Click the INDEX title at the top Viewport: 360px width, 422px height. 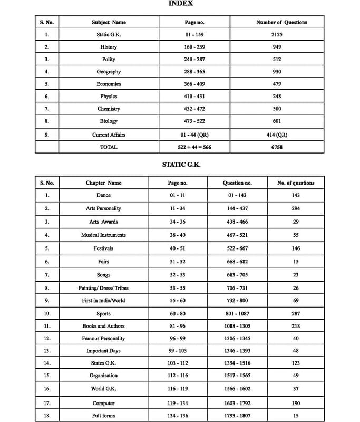(x=180, y=3)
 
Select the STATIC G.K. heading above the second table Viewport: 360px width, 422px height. (x=181, y=165)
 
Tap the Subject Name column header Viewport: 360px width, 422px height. (x=109, y=22)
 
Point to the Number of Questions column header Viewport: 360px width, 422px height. (x=281, y=22)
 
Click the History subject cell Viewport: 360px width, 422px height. (x=109, y=47)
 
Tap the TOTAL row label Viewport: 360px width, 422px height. (x=109, y=147)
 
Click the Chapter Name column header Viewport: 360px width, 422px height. (x=103, y=183)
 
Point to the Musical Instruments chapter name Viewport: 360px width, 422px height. (x=103, y=235)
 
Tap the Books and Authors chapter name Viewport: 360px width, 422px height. (x=103, y=326)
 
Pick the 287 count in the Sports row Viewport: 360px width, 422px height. (x=296, y=314)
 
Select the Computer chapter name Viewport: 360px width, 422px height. (x=103, y=403)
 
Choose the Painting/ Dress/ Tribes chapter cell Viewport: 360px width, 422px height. (x=103, y=288)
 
